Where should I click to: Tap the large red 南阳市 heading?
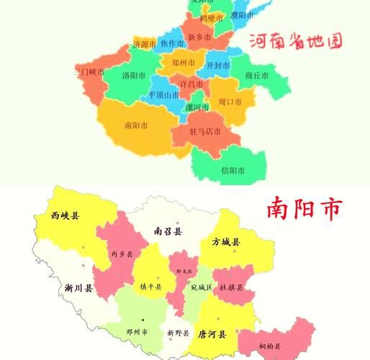tap(303, 209)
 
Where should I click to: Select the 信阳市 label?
tap(233, 171)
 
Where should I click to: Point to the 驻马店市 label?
tap(205, 131)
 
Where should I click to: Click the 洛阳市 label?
tap(134, 75)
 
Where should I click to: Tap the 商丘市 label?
tap(257, 75)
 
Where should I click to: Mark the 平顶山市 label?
tap(163, 95)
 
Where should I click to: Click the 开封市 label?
tap(217, 65)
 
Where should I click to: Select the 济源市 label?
tap(144, 45)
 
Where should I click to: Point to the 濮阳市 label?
tap(243, 15)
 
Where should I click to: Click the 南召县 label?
tap(168, 231)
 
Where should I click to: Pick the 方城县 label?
tap(225, 243)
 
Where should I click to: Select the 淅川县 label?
tap(78, 288)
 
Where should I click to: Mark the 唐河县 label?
tap(212, 333)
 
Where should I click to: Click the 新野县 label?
tap(177, 333)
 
